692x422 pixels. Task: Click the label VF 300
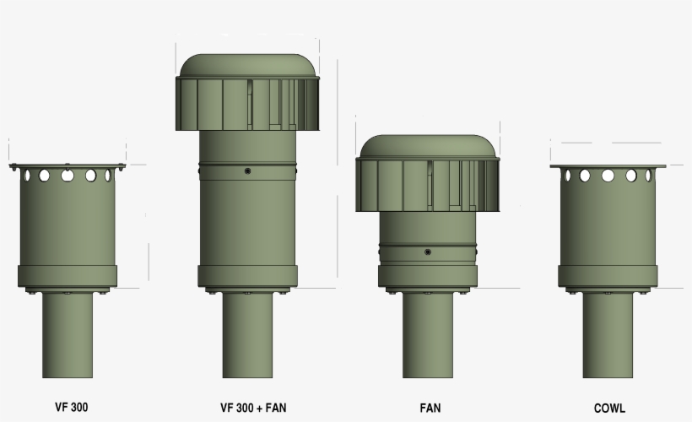point(68,407)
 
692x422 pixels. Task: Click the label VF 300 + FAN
point(253,408)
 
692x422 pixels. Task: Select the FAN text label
point(430,408)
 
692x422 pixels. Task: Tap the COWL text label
point(609,408)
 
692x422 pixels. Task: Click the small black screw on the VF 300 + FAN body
point(247,171)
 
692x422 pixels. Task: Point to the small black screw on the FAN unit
point(429,252)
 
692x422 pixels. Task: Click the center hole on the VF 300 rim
point(68,176)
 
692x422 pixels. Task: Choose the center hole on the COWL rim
point(608,176)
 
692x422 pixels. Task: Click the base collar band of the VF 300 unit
point(68,276)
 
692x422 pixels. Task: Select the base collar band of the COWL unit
point(608,276)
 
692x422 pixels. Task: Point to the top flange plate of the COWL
point(608,166)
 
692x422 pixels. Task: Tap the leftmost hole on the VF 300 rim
point(27,176)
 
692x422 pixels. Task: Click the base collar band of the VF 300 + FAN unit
point(247,276)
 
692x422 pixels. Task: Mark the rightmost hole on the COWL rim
point(648,176)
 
